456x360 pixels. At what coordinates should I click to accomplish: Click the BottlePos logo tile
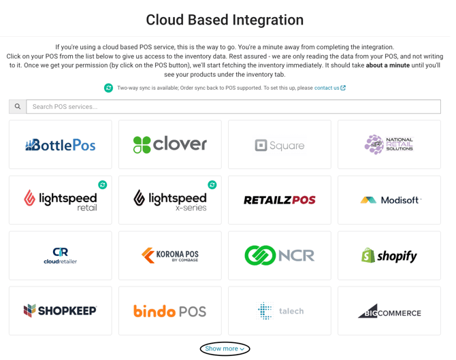(60, 144)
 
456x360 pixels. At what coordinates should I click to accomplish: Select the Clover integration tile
(170, 144)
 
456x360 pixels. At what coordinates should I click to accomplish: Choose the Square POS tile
(280, 144)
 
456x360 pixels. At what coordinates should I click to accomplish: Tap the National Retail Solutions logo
(389, 144)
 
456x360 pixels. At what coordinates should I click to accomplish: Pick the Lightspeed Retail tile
(60, 200)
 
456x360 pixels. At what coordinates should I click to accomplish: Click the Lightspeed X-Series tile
(170, 200)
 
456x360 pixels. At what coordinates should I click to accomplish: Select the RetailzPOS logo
(280, 200)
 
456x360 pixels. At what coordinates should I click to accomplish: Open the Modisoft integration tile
(389, 200)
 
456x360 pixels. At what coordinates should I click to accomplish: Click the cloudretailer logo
(60, 256)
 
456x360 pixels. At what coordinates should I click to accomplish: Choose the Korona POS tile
(170, 256)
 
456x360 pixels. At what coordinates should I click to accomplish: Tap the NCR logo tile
(280, 256)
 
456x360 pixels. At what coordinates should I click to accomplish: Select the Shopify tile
(389, 256)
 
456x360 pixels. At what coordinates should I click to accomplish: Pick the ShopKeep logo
(60, 311)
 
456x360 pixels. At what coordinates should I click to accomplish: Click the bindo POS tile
(170, 311)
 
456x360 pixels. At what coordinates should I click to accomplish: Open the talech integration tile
(280, 311)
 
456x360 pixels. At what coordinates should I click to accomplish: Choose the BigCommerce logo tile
(389, 311)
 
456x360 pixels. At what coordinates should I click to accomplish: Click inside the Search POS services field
(233, 107)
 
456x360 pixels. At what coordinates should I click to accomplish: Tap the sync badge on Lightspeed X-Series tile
(212, 184)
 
